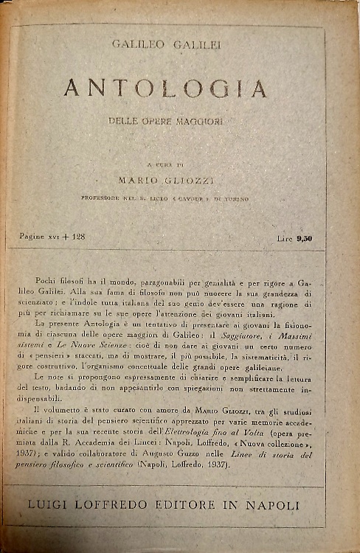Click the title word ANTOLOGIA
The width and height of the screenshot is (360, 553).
pos(165,88)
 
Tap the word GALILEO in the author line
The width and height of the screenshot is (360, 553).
pos(136,45)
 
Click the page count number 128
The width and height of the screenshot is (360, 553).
pos(77,237)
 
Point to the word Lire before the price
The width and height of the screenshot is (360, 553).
pos(283,238)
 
